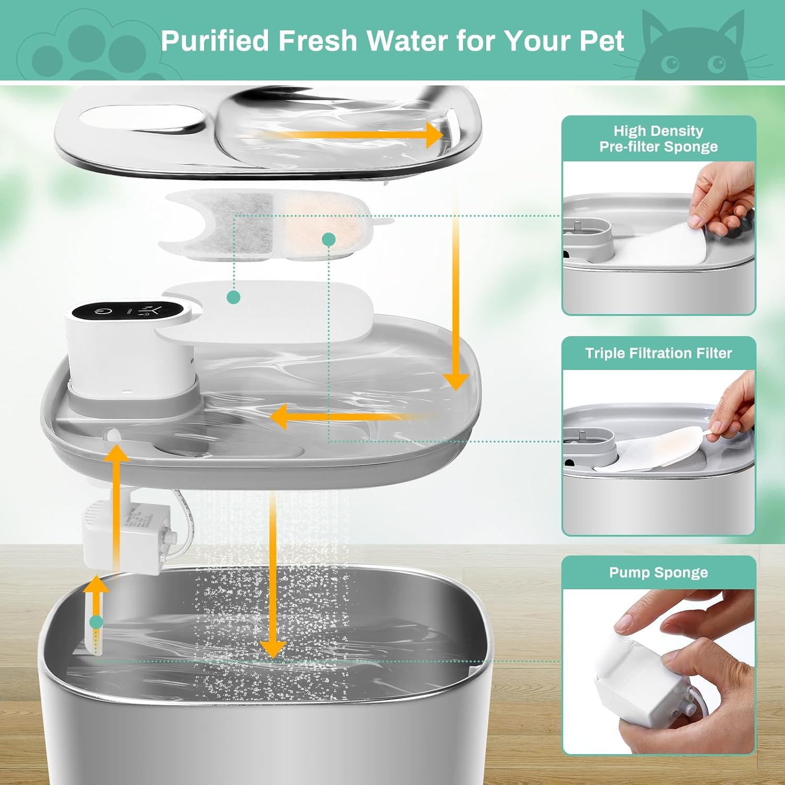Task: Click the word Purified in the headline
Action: pyautogui.click(x=215, y=41)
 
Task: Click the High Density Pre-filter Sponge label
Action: pyautogui.click(x=658, y=139)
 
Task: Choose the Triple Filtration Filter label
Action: pyautogui.click(x=658, y=353)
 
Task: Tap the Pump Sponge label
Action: pyautogui.click(x=658, y=573)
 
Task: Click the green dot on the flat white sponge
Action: pyautogui.click(x=233, y=297)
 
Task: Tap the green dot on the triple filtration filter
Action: pyautogui.click(x=329, y=239)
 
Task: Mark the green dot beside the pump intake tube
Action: pyautogui.click(x=96, y=622)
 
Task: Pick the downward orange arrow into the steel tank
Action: pyautogui.click(x=273, y=576)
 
